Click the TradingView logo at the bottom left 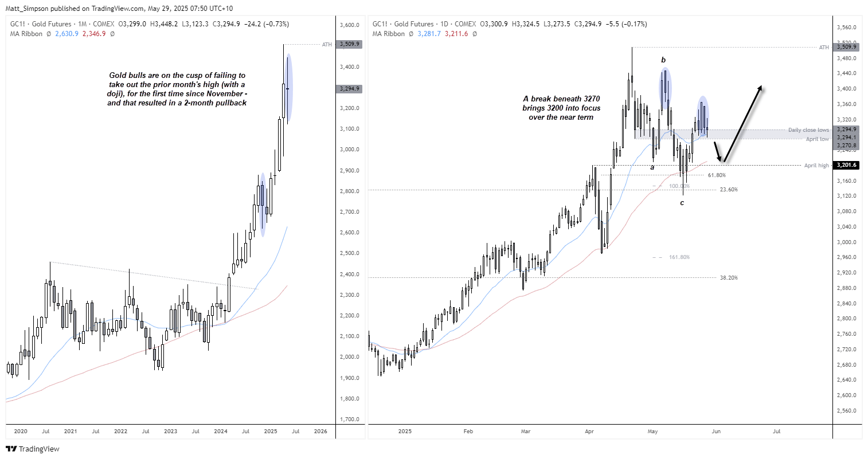(x=33, y=449)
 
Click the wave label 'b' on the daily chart (x=663, y=60)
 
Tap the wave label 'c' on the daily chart (x=682, y=203)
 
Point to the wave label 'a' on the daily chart (x=652, y=167)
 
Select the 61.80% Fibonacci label (x=717, y=175)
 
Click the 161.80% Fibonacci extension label (x=679, y=257)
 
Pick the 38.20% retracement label (x=729, y=278)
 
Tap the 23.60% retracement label (x=729, y=190)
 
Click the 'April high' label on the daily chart (x=816, y=166)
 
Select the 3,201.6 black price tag (x=846, y=166)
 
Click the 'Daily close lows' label (x=808, y=130)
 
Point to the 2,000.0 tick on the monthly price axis (x=349, y=357)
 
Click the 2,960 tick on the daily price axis (x=846, y=257)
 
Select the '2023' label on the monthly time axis (x=170, y=431)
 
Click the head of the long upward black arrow (x=760, y=87)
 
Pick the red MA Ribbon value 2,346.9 (x=94, y=34)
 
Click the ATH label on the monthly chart (x=327, y=45)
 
